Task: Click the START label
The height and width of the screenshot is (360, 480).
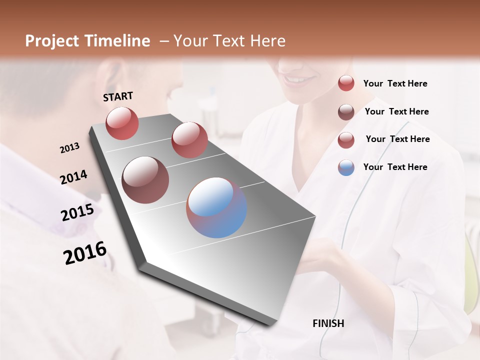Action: click(x=118, y=96)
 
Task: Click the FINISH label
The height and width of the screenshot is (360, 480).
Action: click(x=328, y=323)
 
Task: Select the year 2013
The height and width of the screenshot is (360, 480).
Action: click(x=69, y=148)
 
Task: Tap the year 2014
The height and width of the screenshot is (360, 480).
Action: click(x=73, y=177)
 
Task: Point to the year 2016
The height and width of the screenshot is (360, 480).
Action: click(x=85, y=252)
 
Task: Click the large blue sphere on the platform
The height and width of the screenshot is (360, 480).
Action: click(x=216, y=207)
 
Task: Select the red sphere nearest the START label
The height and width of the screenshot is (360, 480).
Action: click(x=122, y=123)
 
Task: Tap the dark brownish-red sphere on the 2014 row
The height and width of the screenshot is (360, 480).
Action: click(x=145, y=180)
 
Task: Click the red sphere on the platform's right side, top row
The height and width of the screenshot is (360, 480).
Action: click(x=189, y=140)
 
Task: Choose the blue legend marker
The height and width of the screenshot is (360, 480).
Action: click(x=346, y=167)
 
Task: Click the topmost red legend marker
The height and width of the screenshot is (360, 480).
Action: click(x=346, y=83)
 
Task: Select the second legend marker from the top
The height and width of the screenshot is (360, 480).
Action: click(x=346, y=112)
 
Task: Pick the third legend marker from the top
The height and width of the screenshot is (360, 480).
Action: click(x=346, y=140)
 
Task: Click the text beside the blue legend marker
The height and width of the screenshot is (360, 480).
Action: click(x=395, y=167)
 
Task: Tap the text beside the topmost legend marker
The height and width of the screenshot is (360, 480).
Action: click(x=395, y=83)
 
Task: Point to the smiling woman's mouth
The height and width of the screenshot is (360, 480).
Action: click(x=298, y=79)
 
